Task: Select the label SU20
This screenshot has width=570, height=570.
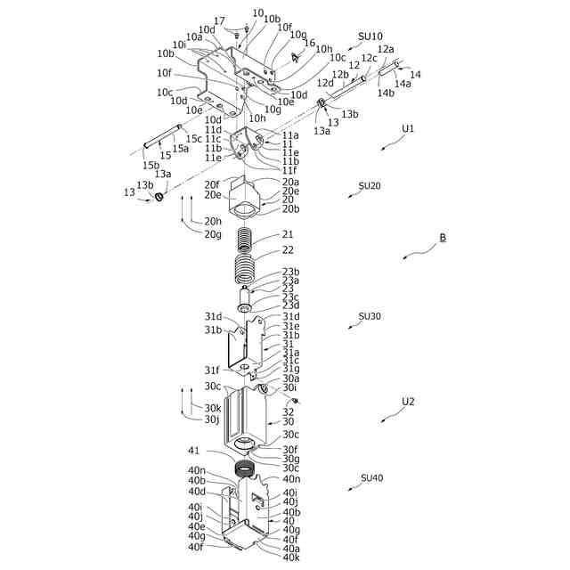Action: [370, 186]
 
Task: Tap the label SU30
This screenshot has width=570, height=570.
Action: [370, 316]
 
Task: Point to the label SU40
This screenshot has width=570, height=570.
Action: [371, 478]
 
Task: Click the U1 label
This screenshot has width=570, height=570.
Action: [408, 128]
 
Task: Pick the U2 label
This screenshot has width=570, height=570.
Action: [408, 401]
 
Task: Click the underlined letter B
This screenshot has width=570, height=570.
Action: [442, 238]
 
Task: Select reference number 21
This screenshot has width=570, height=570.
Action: [288, 234]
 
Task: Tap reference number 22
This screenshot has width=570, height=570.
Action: [288, 250]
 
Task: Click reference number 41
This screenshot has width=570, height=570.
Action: [194, 451]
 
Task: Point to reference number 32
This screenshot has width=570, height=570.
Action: [288, 411]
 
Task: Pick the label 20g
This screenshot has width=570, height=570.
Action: [213, 233]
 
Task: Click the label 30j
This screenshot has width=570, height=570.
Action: [212, 419]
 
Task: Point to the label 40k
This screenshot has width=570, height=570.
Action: [291, 558]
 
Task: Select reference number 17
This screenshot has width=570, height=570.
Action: [220, 20]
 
